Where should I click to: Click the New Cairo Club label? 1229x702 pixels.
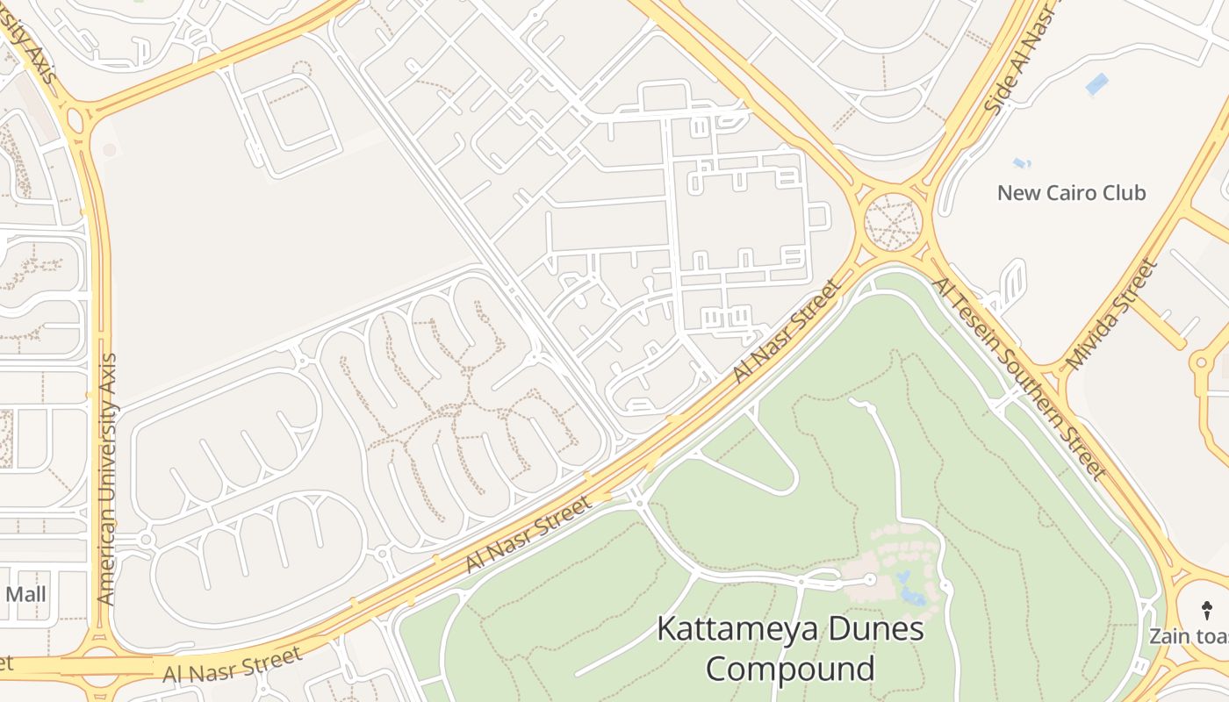pyautogui.click(x=1071, y=192)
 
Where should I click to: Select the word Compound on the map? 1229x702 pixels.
pyautogui.click(x=790, y=669)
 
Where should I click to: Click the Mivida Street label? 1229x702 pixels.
pyautogui.click(x=1110, y=313)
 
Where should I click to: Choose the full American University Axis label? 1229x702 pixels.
pyautogui.click(x=107, y=479)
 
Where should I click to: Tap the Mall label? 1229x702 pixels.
pyautogui.click(x=25, y=594)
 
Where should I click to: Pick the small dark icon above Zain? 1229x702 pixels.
pyautogui.click(x=1207, y=609)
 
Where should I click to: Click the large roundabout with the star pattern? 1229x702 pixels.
pyautogui.click(x=893, y=221)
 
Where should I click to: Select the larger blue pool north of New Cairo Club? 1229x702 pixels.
pyautogui.click(x=1096, y=84)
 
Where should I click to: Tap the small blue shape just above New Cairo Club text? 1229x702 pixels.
pyautogui.click(x=1021, y=163)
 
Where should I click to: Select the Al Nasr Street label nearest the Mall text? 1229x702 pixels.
pyautogui.click(x=233, y=665)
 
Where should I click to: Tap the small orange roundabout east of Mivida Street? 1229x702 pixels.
pyautogui.click(x=1201, y=361)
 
